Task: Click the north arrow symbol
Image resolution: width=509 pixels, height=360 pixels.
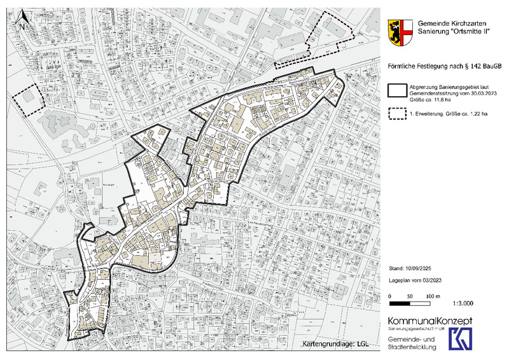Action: tap(22, 20)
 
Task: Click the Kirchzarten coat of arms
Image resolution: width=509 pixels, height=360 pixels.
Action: tap(399, 32)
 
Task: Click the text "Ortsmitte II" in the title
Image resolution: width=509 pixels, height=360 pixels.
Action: tap(458, 32)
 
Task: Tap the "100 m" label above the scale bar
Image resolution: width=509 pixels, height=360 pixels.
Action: tap(433, 296)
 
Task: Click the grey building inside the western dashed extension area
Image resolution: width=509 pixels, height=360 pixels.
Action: tap(29, 97)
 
